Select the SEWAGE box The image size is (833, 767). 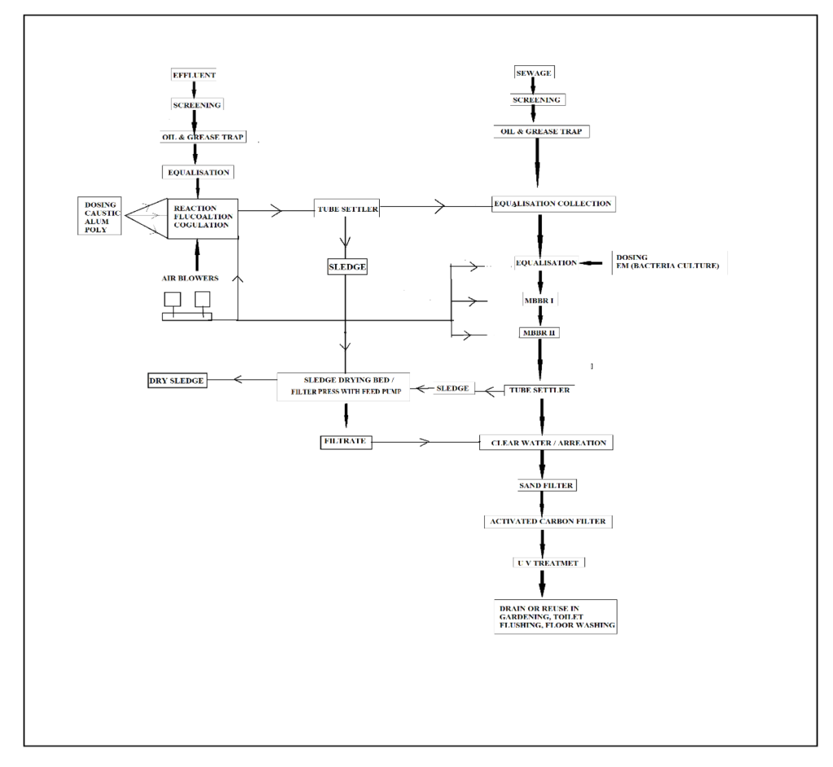pyautogui.click(x=534, y=73)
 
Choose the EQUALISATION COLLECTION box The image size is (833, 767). pyautogui.click(x=553, y=204)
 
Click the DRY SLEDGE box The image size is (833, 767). pyautogui.click(x=177, y=380)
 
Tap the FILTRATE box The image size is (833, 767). pyautogui.click(x=346, y=442)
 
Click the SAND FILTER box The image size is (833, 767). pyautogui.click(x=547, y=486)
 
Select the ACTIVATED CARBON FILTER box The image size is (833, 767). pyautogui.click(x=547, y=521)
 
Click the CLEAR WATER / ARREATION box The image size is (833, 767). pyautogui.click(x=545, y=443)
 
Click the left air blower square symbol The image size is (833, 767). pyautogui.click(x=173, y=300)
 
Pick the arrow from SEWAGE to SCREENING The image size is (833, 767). pyautogui.click(x=534, y=87)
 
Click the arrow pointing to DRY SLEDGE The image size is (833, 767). pyautogui.click(x=238, y=379)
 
